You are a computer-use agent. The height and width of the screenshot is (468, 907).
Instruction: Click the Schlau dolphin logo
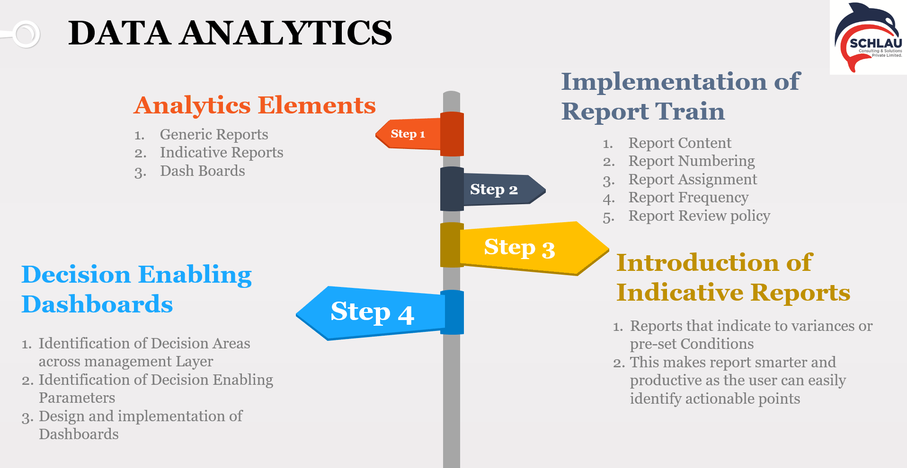point(868,37)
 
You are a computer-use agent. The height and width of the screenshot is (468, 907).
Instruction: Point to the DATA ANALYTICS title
point(230,33)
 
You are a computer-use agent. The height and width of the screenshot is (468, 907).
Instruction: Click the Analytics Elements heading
point(255,105)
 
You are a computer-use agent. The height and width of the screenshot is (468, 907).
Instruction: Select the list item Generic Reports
point(214,134)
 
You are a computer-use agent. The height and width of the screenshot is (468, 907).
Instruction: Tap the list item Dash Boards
point(203,171)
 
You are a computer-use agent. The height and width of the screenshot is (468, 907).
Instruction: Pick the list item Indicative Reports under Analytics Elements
point(222,152)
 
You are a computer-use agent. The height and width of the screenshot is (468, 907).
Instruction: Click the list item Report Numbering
point(692,161)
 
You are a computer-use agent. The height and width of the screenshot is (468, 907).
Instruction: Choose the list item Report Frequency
point(688,198)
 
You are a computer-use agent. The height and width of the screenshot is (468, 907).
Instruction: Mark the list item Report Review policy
point(699,216)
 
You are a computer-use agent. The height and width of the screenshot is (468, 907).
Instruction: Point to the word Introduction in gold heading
point(698,262)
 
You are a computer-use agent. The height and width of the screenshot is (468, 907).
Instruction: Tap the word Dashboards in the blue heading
point(98,304)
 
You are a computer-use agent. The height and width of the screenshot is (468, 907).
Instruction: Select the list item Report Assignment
point(693,180)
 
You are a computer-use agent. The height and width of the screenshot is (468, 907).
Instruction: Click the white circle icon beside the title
point(26,34)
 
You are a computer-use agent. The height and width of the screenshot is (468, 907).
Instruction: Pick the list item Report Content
point(680,143)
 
